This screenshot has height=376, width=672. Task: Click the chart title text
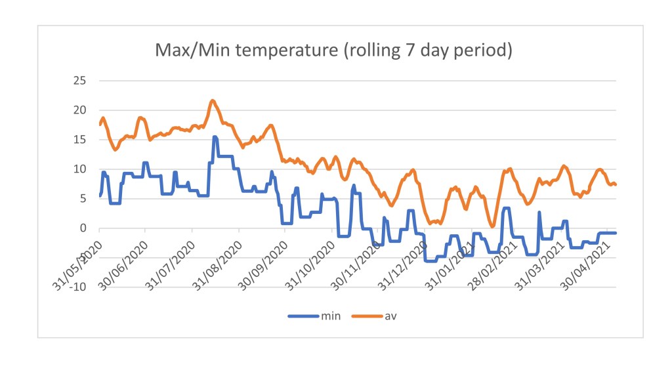pyautogui.click(x=333, y=50)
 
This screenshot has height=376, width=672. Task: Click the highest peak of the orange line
pyautogui.click(x=213, y=100)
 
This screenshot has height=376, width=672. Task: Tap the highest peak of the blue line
pyautogui.click(x=215, y=136)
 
